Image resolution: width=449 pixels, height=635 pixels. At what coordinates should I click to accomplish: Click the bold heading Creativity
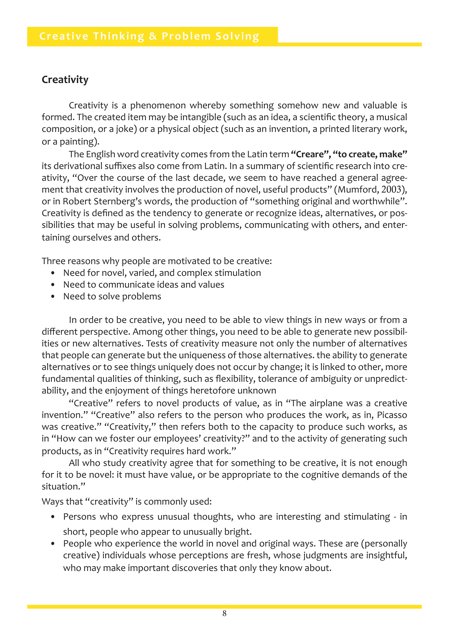pyautogui.click(x=65, y=80)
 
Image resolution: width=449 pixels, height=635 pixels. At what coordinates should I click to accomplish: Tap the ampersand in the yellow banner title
pyautogui.click(x=153, y=36)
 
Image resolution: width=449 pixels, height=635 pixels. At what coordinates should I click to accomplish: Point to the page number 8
pyautogui.click(x=224, y=614)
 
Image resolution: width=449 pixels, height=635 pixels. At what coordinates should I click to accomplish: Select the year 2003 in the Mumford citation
pyautogui.click(x=391, y=189)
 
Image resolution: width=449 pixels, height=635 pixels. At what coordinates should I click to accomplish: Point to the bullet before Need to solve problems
pyautogui.click(x=53, y=297)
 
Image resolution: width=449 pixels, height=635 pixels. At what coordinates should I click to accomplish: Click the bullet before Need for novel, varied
pyautogui.click(x=53, y=273)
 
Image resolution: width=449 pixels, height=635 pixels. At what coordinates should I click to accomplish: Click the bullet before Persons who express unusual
pyautogui.click(x=53, y=517)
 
